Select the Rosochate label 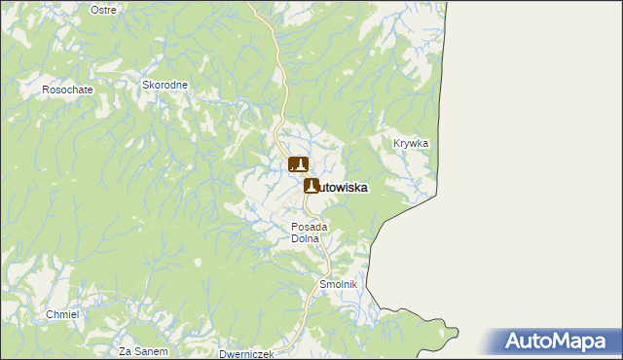point(66,90)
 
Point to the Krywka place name point(411,143)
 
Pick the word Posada point(311,227)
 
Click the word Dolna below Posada point(306,238)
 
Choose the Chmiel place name point(62,314)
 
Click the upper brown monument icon point(298,165)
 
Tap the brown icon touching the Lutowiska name point(311,186)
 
